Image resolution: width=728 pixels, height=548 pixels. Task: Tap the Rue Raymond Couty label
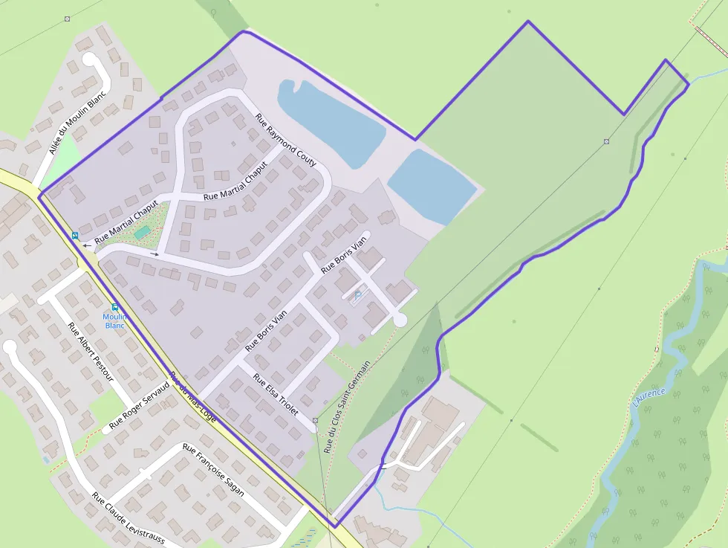[286, 140]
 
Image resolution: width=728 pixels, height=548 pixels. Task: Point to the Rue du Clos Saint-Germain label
[347, 407]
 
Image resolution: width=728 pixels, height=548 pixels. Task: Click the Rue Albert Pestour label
[90, 352]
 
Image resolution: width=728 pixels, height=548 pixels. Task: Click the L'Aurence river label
[649, 396]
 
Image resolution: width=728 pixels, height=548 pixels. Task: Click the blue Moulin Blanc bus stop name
[114, 320]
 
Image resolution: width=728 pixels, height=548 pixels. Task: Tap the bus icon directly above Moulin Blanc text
[114, 306]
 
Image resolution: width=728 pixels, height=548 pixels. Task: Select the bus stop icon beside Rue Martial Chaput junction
[75, 236]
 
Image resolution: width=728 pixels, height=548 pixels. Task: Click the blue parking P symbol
[358, 294]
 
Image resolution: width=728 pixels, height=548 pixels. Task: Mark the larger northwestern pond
[330, 121]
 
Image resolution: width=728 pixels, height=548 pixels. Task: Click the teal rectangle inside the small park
[141, 233]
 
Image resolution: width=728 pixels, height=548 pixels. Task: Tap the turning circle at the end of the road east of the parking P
[400, 320]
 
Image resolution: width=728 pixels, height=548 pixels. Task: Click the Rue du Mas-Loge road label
[193, 397]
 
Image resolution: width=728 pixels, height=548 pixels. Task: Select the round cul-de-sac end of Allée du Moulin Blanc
[90, 59]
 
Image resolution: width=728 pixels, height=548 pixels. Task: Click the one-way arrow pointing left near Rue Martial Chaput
[87, 244]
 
